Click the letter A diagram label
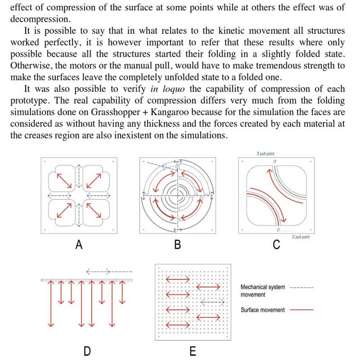(79, 245)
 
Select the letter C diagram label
(277, 245)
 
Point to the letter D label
(86, 350)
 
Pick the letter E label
(193, 350)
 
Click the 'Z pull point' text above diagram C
(265, 154)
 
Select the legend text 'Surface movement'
(263, 310)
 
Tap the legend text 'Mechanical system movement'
(263, 291)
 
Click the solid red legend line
(301, 310)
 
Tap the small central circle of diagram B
(179, 194)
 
